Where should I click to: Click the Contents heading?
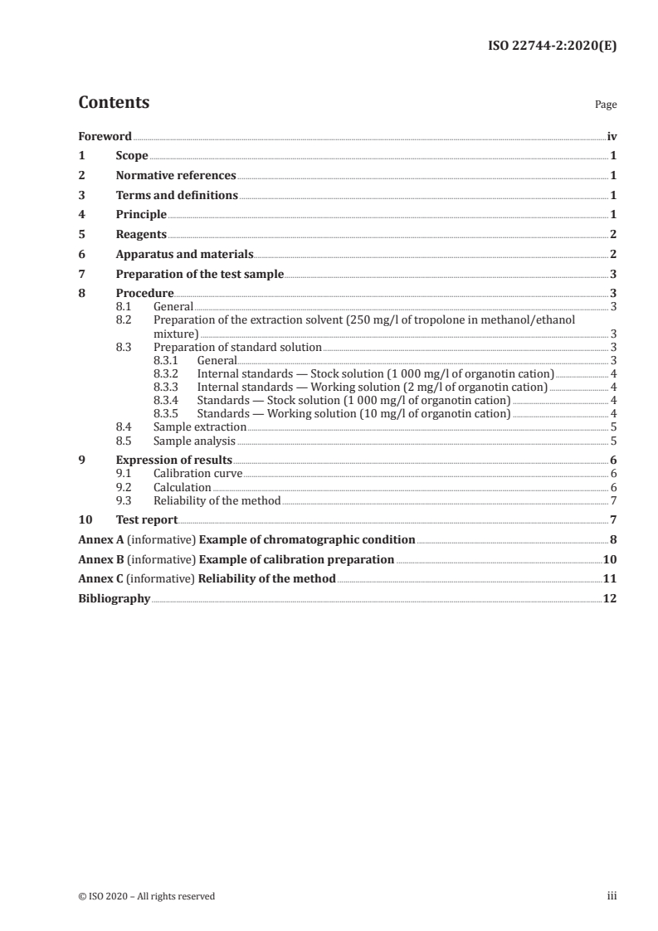pyautogui.click(x=114, y=103)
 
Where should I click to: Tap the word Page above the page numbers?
pyautogui.click(x=606, y=105)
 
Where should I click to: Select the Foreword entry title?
pyautogui.click(x=105, y=136)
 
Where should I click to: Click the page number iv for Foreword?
pyautogui.click(x=612, y=136)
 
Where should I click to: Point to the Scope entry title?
pyautogui.click(x=132, y=156)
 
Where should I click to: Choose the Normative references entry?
pyautogui.click(x=176, y=176)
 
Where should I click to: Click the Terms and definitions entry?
pyautogui.click(x=177, y=195)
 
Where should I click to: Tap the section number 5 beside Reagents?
pyautogui.click(x=81, y=235)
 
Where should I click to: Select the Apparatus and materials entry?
pyautogui.click(x=184, y=255)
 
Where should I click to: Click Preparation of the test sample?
pyautogui.click(x=199, y=274)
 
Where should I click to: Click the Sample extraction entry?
pyautogui.click(x=200, y=427)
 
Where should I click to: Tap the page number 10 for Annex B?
pyautogui.click(x=610, y=559)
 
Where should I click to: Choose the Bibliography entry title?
pyautogui.click(x=114, y=598)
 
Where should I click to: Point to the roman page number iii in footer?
pyautogui.click(x=612, y=896)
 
